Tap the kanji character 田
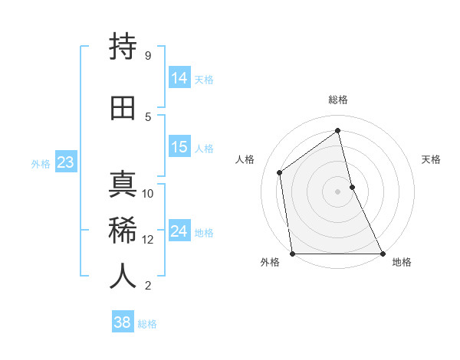click(123, 108)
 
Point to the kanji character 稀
click(123, 231)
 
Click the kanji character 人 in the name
click(123, 277)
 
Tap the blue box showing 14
click(179, 77)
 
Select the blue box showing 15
click(179, 147)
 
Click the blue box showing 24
click(179, 231)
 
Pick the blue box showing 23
click(65, 162)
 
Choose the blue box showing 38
click(123, 322)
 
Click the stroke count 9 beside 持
click(148, 56)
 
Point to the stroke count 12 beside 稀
click(148, 240)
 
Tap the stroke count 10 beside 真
click(148, 194)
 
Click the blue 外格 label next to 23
click(41, 163)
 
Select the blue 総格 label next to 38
click(147, 323)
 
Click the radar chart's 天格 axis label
click(431, 159)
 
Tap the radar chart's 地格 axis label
click(402, 262)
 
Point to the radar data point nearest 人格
click(280, 172)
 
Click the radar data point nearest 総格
click(337, 131)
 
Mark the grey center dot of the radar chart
click(337, 191)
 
